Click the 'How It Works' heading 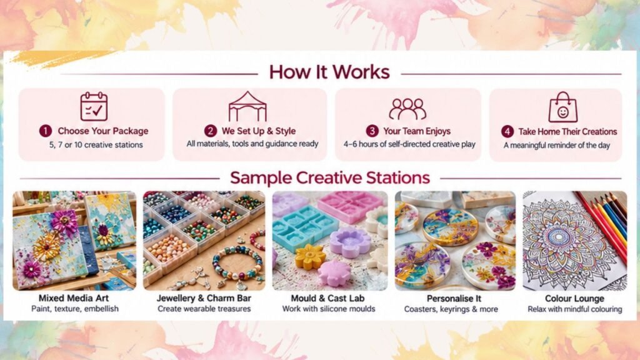[329, 72]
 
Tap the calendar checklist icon [94, 106]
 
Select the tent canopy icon [247, 106]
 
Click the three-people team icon [407, 109]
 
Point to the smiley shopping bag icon [563, 107]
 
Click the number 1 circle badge [45, 131]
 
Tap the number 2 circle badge [210, 131]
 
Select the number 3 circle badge [372, 131]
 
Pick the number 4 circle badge [507, 131]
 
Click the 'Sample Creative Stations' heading [330, 178]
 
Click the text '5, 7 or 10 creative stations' [96, 145]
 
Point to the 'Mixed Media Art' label [74, 298]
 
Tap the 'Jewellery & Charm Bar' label [204, 298]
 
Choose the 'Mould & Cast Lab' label [327, 298]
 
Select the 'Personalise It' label [454, 298]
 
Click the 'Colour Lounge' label [575, 298]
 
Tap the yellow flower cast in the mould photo [311, 257]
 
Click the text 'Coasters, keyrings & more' [451, 309]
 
